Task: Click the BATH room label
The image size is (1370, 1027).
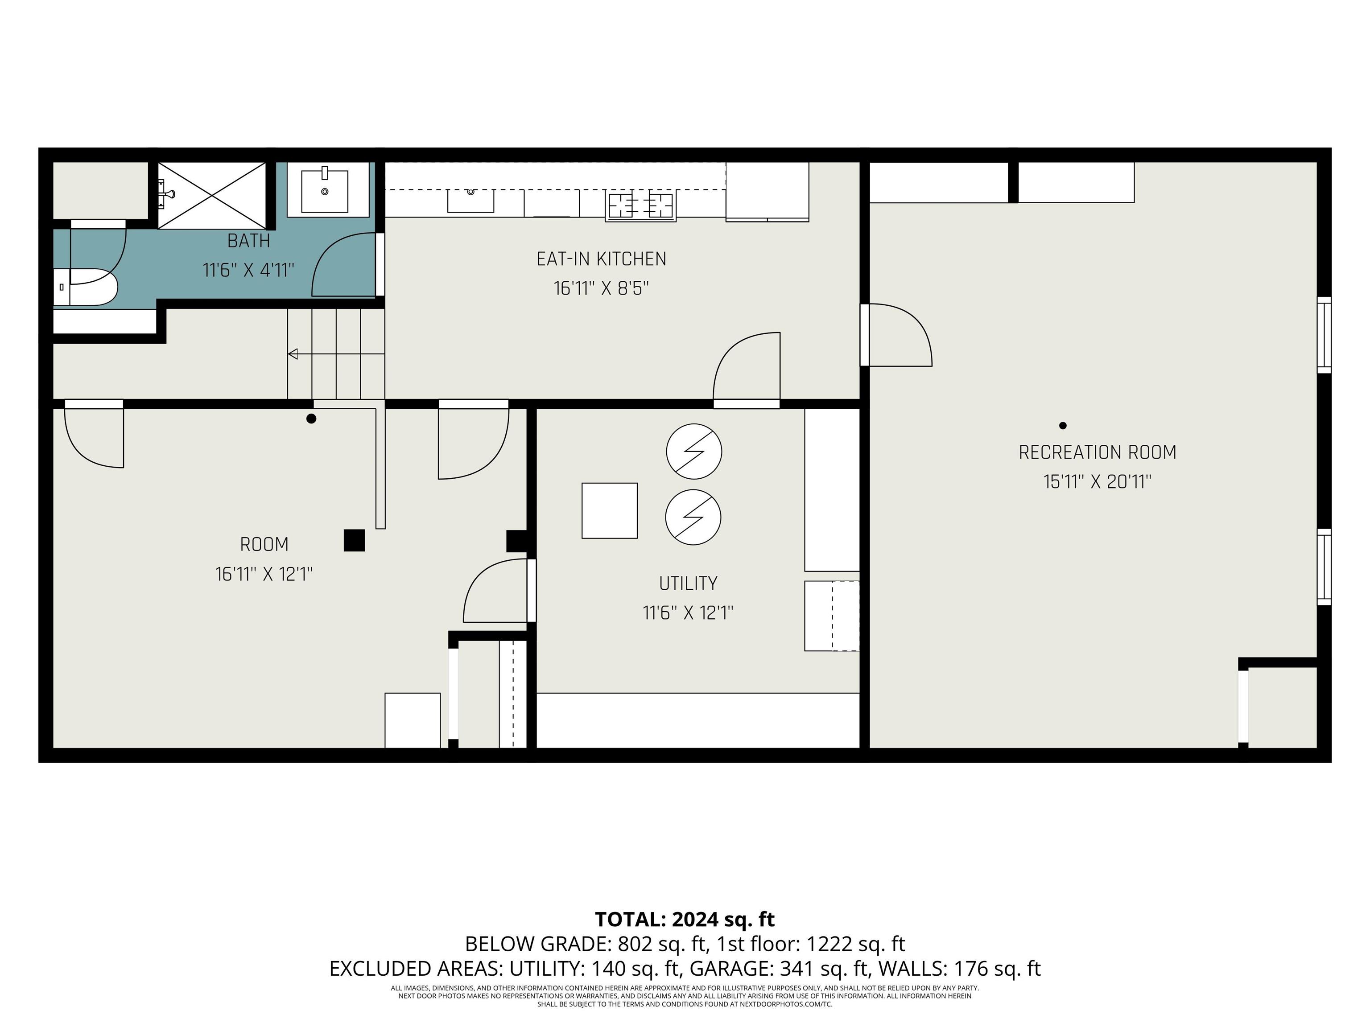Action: pyautogui.click(x=248, y=240)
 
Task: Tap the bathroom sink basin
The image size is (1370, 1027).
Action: pyautogui.click(x=325, y=191)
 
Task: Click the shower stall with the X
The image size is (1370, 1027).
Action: pyautogui.click(x=212, y=195)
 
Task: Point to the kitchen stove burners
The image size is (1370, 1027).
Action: pyautogui.click(x=640, y=205)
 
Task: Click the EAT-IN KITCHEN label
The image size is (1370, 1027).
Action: pyautogui.click(x=601, y=259)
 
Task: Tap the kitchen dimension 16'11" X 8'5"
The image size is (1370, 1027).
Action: pyautogui.click(x=601, y=288)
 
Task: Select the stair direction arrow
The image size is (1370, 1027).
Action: pyautogui.click(x=293, y=354)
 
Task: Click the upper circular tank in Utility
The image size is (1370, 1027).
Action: pyautogui.click(x=693, y=451)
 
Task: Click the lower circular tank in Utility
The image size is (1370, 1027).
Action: pyautogui.click(x=693, y=518)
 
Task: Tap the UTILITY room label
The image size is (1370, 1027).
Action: pyautogui.click(x=688, y=583)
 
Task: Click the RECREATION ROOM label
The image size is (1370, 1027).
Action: pyautogui.click(x=1097, y=452)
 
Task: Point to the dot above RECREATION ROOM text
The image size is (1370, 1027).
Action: pyautogui.click(x=1063, y=425)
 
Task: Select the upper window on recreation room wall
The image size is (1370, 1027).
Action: pyautogui.click(x=1324, y=335)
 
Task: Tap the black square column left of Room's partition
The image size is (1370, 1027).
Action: pyautogui.click(x=354, y=540)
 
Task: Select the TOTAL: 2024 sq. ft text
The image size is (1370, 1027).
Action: pyautogui.click(x=685, y=919)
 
